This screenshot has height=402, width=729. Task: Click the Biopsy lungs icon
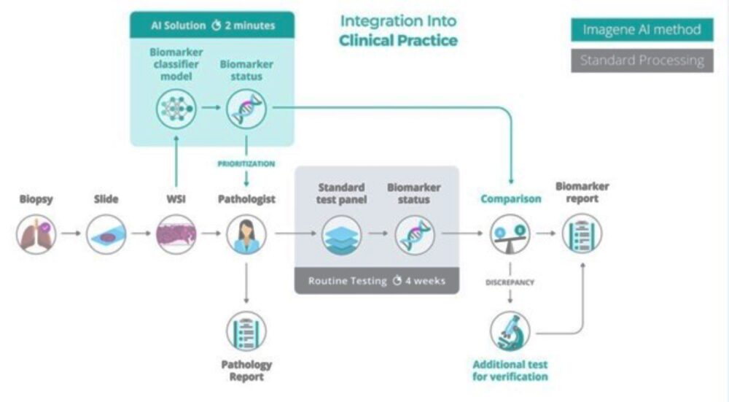36,234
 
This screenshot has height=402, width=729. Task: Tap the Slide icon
106,234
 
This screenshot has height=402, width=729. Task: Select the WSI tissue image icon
176,234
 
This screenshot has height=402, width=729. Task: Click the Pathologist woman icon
246,234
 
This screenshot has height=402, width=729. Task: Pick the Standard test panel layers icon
341,234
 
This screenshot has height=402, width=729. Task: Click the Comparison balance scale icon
510,234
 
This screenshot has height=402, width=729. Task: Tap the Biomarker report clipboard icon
582,234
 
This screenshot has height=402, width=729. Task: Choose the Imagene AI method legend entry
642,30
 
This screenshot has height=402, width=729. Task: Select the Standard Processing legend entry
642,61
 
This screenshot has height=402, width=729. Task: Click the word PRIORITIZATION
246,164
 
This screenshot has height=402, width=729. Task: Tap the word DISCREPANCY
510,282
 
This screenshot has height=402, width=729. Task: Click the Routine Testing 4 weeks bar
376,281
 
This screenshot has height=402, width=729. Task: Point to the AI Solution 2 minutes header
213,26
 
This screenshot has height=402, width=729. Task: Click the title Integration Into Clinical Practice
398,31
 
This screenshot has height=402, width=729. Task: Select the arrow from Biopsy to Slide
71,234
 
